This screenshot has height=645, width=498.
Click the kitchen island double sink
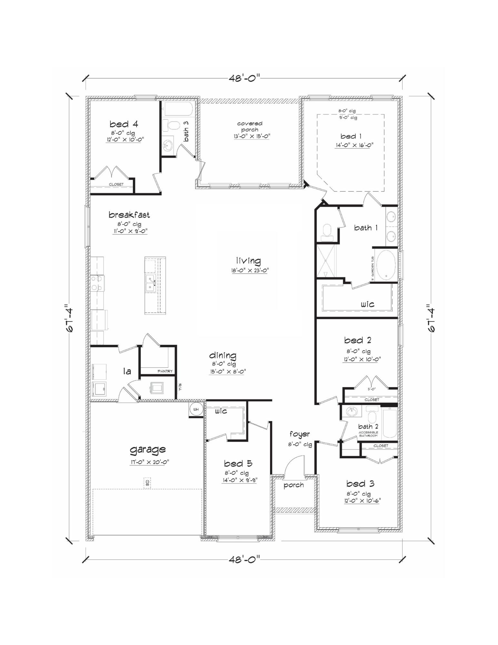pyautogui.click(x=151, y=283)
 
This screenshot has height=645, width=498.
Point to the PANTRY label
pyautogui.click(x=165, y=371)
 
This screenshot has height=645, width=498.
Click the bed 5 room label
pyautogui.click(x=238, y=463)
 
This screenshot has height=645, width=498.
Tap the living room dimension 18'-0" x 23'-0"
pyautogui.click(x=249, y=271)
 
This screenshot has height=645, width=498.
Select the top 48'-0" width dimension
pyautogui.click(x=244, y=78)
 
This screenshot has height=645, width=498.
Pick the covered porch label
pyautogui.click(x=249, y=126)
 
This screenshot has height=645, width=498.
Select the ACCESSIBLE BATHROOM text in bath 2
pyautogui.click(x=368, y=434)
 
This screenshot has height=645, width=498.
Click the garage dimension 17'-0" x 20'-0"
pyautogui.click(x=149, y=462)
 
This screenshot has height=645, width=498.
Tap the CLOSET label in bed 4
pyautogui.click(x=116, y=184)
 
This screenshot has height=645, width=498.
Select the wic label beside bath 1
pyautogui.click(x=367, y=304)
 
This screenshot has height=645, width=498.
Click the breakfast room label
pyautogui.click(x=129, y=215)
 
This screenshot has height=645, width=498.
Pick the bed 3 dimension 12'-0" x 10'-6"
pyautogui.click(x=362, y=501)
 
